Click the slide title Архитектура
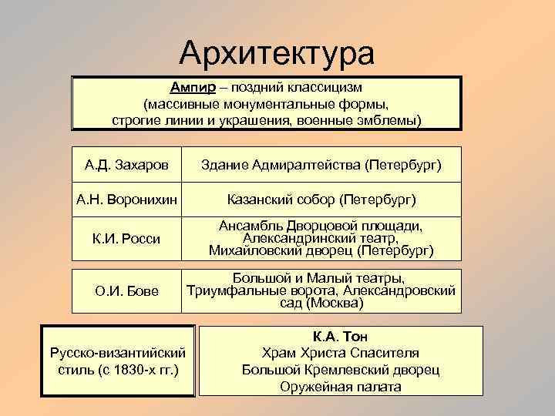[277, 53]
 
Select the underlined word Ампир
[193, 87]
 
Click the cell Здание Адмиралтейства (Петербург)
[321, 165]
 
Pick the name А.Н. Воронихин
[126, 200]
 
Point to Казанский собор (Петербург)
[321, 200]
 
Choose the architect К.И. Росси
[127, 239]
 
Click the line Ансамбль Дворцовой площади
[321, 226]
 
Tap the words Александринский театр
[321, 238]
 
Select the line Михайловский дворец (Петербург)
[321, 251]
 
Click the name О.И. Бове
[127, 290]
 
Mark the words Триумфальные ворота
[261, 290]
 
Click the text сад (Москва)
[321, 303]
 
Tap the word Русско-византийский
[117, 353]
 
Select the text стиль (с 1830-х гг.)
[117, 369]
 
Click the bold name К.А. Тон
[341, 337]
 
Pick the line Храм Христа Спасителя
[341, 353]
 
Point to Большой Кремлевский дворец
[341, 370]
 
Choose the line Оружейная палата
[341, 387]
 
